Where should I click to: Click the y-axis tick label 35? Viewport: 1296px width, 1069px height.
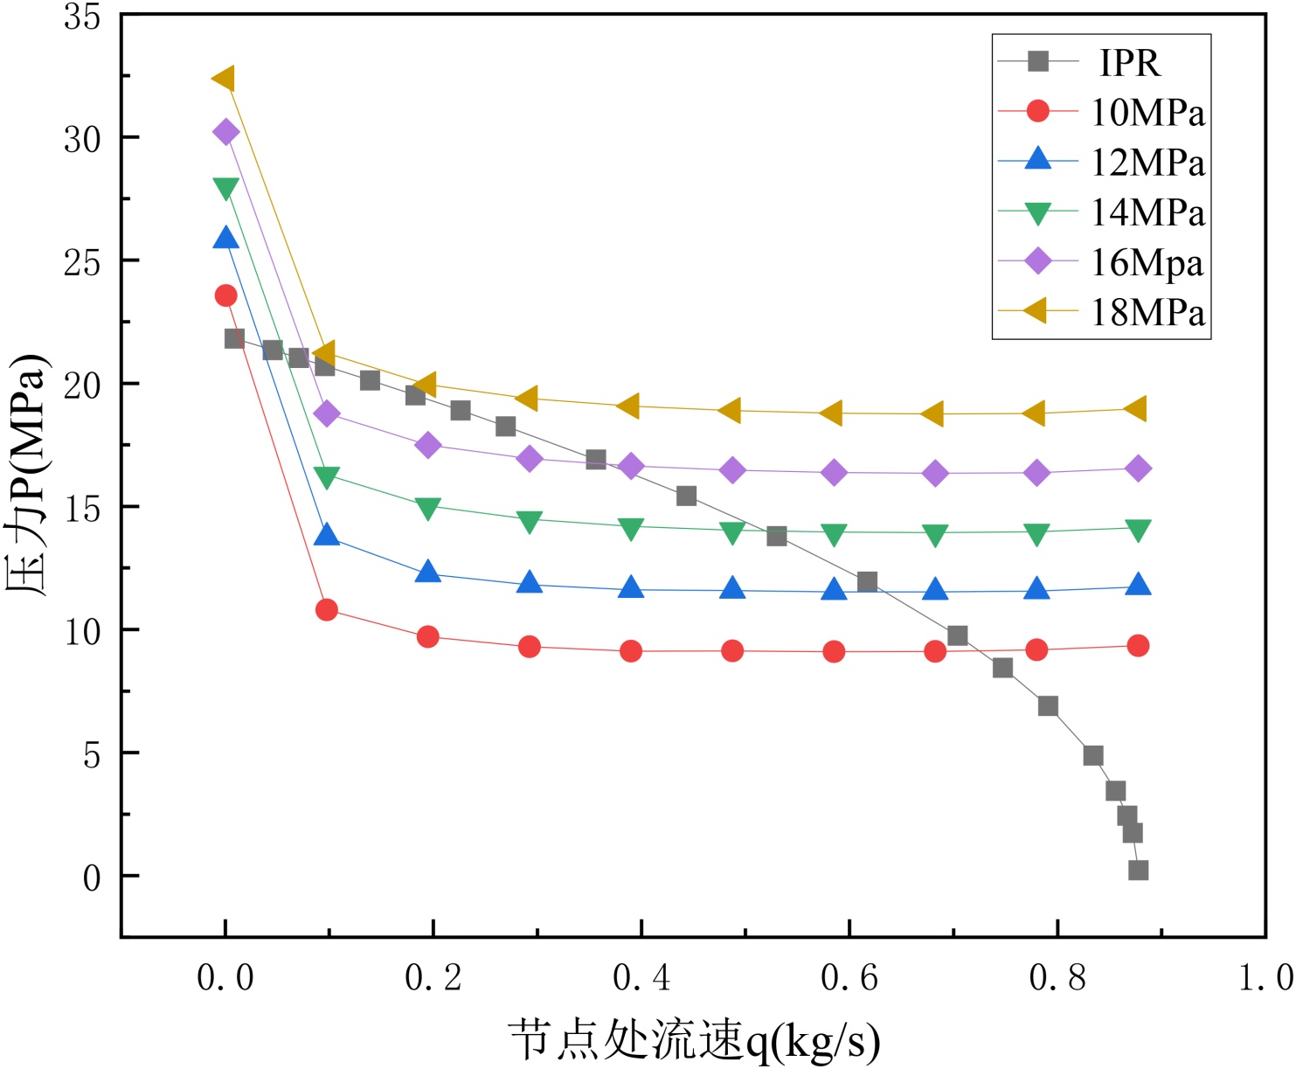[82, 17]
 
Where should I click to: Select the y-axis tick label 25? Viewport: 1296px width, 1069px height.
[82, 261]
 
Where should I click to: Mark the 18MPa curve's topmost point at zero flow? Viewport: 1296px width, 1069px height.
[224, 79]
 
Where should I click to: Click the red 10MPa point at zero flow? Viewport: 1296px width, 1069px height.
[225, 295]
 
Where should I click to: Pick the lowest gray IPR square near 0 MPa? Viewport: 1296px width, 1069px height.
[1138, 870]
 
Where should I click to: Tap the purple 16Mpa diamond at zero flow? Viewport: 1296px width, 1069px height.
[225, 133]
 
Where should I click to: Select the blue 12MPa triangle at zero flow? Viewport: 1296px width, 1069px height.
[225, 238]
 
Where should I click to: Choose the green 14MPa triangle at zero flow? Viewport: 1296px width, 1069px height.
[225, 188]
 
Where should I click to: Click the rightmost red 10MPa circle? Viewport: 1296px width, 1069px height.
[1138, 646]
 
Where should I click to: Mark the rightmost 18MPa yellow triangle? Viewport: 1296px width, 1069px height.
[1136, 408]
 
